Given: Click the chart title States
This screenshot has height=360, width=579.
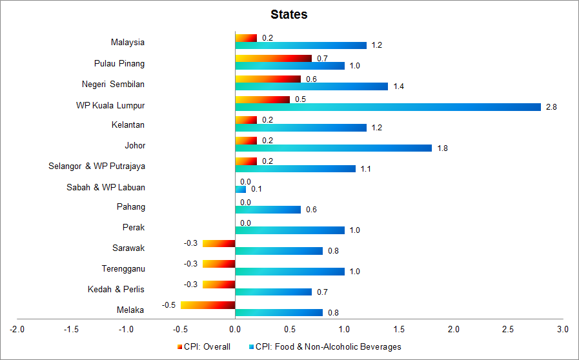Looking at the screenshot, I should click(x=289, y=14).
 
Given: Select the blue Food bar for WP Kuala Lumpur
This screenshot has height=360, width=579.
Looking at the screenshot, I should click(x=387, y=107).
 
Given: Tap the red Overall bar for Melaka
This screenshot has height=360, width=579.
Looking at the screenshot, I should click(x=208, y=305).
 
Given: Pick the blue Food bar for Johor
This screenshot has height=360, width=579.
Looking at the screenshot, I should click(x=333, y=148).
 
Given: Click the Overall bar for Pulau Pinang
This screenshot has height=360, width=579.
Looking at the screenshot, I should click(x=273, y=58).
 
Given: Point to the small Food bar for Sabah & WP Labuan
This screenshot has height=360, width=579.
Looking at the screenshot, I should click(x=241, y=189).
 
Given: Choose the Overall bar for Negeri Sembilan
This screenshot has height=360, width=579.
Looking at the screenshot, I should click(x=268, y=79).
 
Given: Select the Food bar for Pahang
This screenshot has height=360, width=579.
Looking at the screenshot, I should click(x=268, y=210).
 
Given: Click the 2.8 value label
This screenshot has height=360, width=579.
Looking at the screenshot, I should click(x=551, y=107).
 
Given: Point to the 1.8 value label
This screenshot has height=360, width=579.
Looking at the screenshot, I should click(x=442, y=148).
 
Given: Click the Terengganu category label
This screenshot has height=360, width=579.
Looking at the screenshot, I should click(x=123, y=268).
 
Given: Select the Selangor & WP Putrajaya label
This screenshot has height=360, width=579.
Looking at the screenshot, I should click(x=97, y=166).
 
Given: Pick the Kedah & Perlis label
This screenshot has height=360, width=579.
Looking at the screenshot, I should click(x=116, y=289).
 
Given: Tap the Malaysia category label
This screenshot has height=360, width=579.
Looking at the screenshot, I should click(x=128, y=43).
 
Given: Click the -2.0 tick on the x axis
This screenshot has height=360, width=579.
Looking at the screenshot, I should click(x=17, y=330).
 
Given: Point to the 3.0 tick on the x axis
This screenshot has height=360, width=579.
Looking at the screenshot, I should click(x=563, y=330).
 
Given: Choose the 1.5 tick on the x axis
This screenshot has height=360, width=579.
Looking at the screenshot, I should click(x=399, y=330).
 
